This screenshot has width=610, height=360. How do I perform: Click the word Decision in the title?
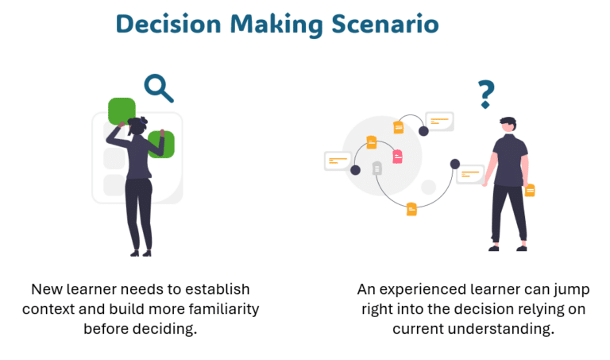click(168, 24)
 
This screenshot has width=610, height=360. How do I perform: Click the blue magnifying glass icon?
click(158, 87)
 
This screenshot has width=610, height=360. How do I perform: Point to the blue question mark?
click(485, 95)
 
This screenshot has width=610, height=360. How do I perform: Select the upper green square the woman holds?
click(122, 110)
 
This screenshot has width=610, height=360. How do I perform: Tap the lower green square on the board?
click(161, 144)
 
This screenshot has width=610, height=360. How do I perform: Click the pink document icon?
click(397, 157)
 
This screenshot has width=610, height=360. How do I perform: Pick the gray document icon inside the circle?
click(376, 168)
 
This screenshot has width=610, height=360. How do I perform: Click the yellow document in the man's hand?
click(530, 190)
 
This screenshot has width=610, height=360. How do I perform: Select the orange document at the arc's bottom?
click(411, 209)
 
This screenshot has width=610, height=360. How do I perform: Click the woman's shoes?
click(140, 253)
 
